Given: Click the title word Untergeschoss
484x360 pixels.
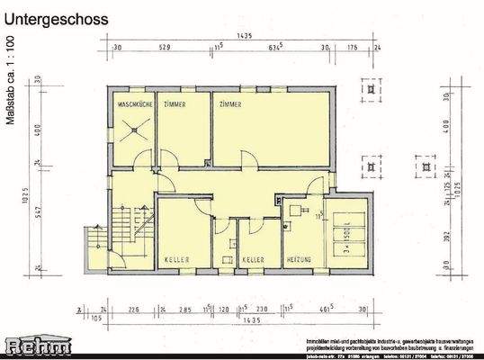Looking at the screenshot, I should pos(56,19).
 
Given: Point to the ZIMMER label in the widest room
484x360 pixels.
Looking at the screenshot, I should pos(229,106).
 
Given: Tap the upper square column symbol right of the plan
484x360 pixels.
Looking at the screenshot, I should pos(369,92).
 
